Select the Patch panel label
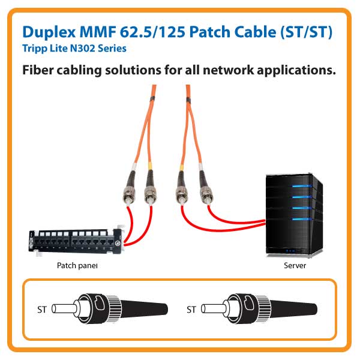coord(77,265)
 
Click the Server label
coord(295,265)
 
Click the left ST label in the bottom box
coord(40,310)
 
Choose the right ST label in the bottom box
coord(191,310)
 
